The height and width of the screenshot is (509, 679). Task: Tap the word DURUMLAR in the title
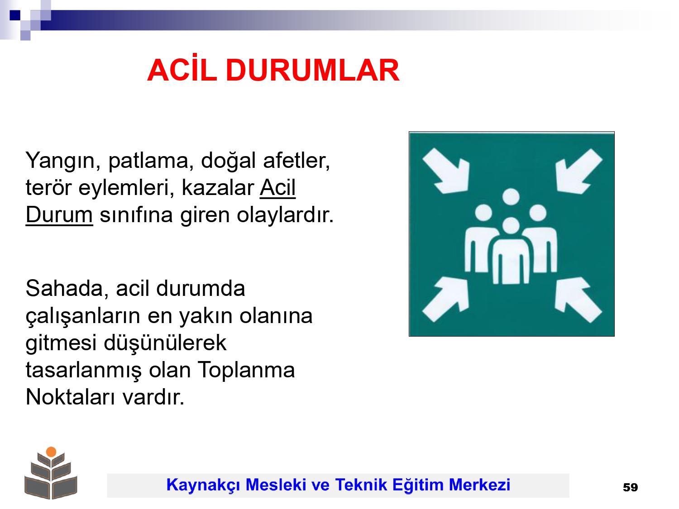pyautogui.click(x=312, y=70)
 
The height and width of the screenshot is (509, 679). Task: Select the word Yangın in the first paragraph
pyautogui.click(x=63, y=162)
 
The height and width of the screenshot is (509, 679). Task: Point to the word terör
pyautogui.click(x=48, y=188)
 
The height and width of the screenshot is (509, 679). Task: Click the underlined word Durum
pyautogui.click(x=59, y=214)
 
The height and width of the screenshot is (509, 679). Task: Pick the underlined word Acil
pyautogui.click(x=278, y=187)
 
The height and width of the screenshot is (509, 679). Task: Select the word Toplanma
pyautogui.click(x=246, y=371)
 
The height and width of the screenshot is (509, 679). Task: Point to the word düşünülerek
pyautogui.click(x=165, y=343)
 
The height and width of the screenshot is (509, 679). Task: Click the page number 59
pyautogui.click(x=630, y=488)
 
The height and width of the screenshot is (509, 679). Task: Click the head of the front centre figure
pyautogui.click(x=511, y=226)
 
